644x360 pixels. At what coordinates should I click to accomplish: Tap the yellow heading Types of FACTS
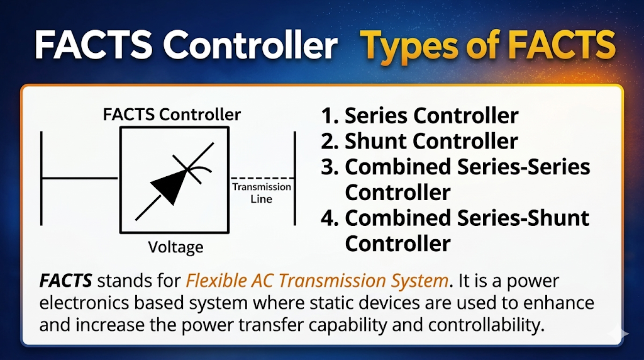click(488, 46)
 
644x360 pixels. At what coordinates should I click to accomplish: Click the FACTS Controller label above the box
click(172, 115)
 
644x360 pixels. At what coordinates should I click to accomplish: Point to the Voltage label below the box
click(175, 247)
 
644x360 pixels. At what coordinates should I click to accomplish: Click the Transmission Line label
click(262, 193)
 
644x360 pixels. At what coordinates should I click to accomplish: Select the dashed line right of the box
click(262, 178)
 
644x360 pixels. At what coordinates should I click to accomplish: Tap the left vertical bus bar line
click(42, 178)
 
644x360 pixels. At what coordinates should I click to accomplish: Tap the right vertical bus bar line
click(295, 178)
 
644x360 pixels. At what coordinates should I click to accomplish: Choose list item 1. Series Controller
click(419, 116)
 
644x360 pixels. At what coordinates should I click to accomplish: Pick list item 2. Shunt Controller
click(419, 142)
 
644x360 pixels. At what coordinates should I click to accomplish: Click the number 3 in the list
click(329, 167)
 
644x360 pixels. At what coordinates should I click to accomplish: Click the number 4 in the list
click(329, 218)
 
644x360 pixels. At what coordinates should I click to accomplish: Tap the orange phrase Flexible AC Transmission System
click(318, 280)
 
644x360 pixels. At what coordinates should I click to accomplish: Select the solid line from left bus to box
click(80, 178)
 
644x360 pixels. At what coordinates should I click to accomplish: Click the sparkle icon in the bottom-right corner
click(623, 334)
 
